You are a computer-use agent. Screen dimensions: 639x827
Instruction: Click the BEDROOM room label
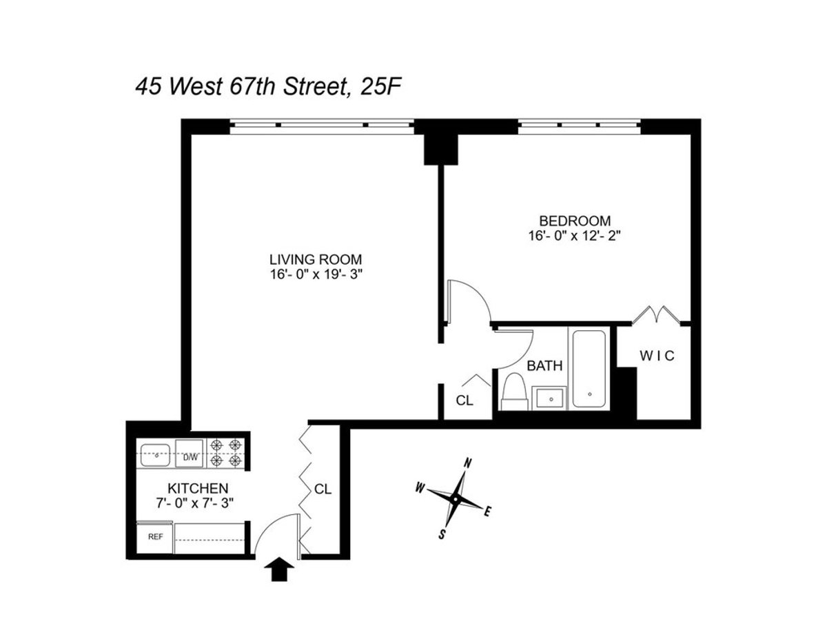point(574,221)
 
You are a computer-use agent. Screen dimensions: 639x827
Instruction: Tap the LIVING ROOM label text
point(316,260)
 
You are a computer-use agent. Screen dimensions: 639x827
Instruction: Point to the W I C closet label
point(655,356)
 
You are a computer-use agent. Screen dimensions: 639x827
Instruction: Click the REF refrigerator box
point(155,537)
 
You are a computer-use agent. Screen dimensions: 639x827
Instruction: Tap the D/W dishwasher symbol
point(190,456)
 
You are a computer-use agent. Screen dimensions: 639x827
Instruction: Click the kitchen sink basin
point(156,455)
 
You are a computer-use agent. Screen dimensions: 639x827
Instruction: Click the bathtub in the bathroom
point(588,369)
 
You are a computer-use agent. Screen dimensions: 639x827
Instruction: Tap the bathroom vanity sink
point(550,398)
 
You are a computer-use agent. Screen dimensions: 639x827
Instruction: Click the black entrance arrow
point(279,570)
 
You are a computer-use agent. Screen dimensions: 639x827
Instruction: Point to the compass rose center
point(456,498)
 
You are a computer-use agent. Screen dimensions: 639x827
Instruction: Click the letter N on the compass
point(468,463)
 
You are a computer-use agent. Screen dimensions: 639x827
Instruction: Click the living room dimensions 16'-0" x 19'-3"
point(316,274)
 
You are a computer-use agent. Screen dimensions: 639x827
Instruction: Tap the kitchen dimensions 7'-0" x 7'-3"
point(196,503)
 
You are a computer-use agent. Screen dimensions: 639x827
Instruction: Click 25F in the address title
point(382,88)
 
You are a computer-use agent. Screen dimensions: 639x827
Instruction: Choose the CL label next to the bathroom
point(465,400)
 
